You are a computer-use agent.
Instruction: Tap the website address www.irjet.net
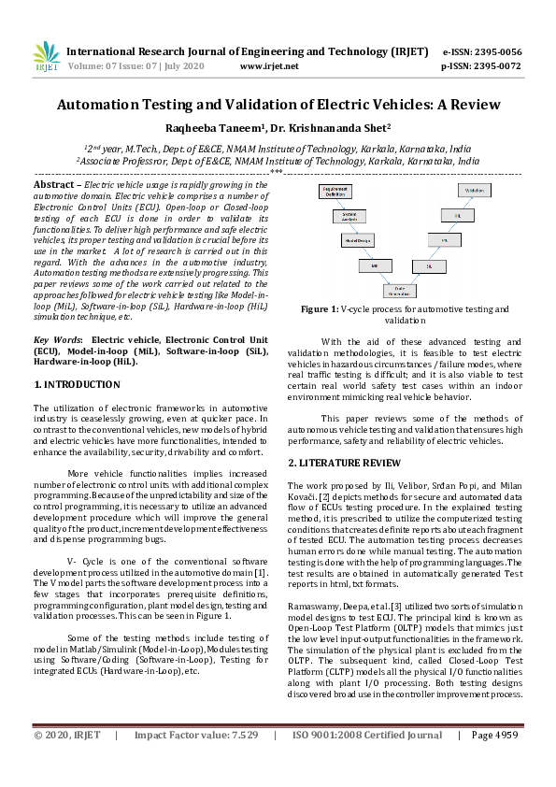tap(269, 66)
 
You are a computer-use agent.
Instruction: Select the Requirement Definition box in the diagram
tap(335, 191)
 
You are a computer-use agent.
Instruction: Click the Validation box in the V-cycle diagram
tap(474, 190)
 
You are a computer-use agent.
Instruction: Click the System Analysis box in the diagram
tap(346, 215)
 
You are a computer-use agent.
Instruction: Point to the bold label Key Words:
tap(58, 339)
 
